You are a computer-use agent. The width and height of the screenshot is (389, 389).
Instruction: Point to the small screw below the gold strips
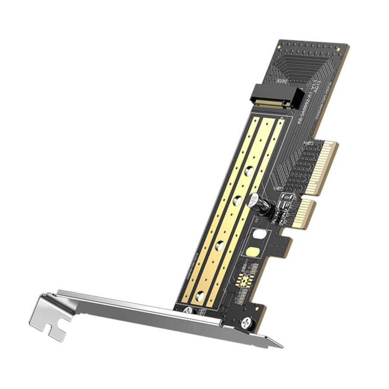[x=188, y=310]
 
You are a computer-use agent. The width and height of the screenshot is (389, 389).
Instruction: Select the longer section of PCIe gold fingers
[x=325, y=166]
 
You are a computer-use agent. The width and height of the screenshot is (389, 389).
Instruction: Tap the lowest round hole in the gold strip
[x=200, y=296]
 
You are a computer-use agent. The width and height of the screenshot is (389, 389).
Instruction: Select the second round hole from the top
[x=237, y=201]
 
